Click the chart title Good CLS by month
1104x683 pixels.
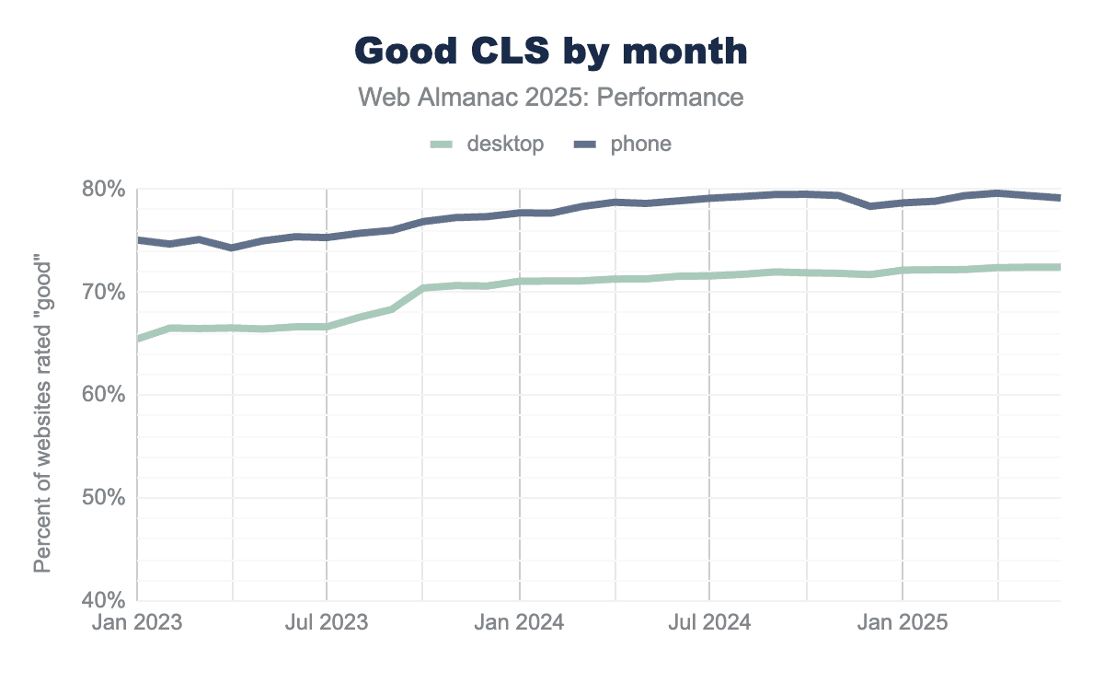tap(550, 52)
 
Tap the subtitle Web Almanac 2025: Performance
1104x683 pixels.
tap(550, 97)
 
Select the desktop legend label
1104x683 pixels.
tap(505, 144)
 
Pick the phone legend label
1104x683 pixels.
tap(640, 144)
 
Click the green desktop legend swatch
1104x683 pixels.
tap(443, 145)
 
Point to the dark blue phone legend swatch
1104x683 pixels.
tap(586, 145)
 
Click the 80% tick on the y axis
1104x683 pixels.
tap(104, 190)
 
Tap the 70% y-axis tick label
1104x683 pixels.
tap(104, 293)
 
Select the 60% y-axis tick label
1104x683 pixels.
tap(104, 395)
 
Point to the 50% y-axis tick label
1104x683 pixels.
tap(104, 498)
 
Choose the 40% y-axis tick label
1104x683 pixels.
tap(104, 600)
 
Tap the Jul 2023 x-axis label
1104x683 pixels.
tap(328, 622)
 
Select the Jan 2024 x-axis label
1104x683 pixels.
tap(521, 622)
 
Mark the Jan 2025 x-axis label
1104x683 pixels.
tap(903, 622)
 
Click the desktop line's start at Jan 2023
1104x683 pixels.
tap(139, 339)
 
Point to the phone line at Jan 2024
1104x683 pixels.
tap(521, 213)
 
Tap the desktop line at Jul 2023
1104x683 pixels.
tap(328, 327)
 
